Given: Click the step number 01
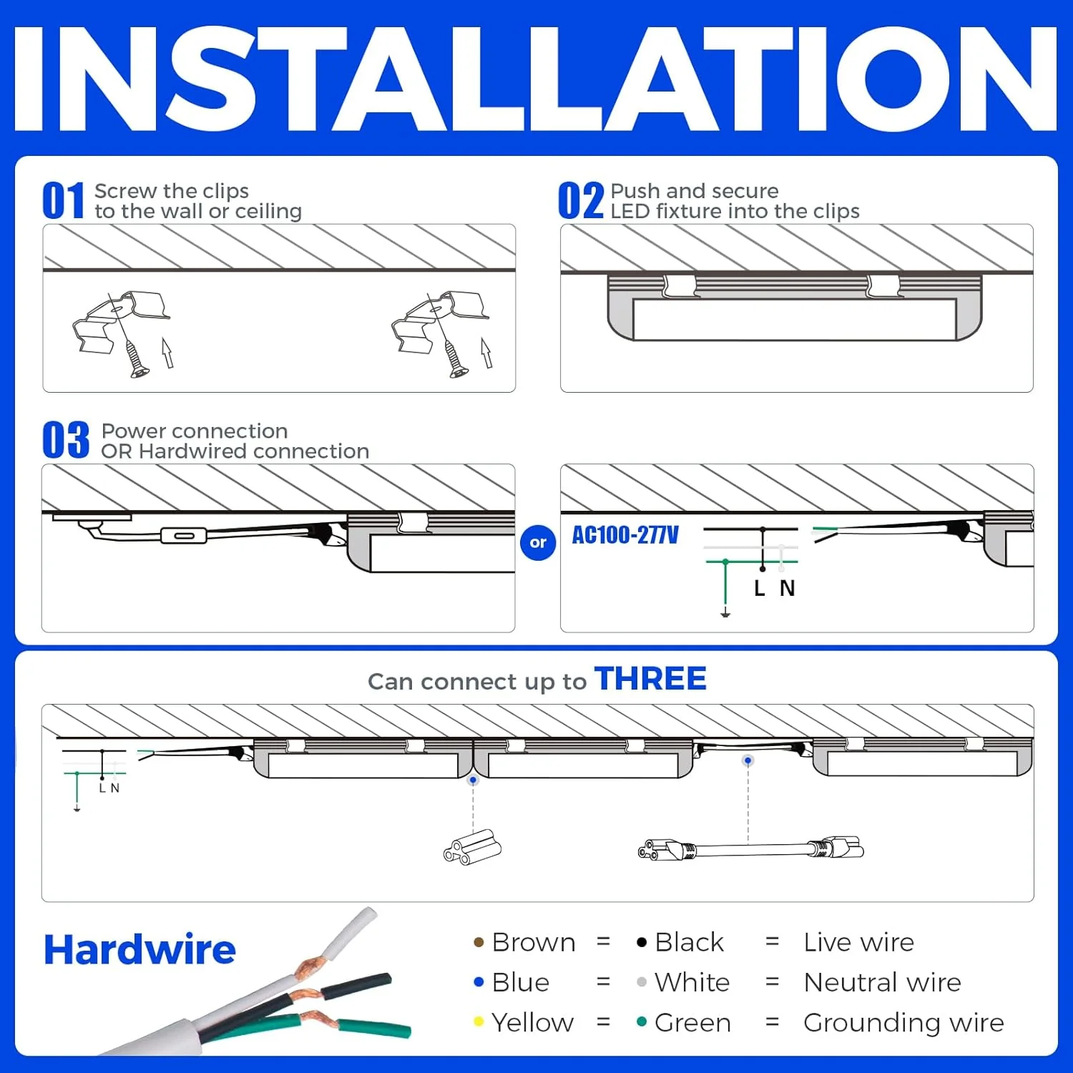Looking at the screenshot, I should (63, 201).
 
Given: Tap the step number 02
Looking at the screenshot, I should (580, 201).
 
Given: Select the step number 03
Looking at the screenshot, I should (65, 440).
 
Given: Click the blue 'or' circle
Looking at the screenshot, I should (538, 543).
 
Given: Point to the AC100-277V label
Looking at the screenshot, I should (624, 535).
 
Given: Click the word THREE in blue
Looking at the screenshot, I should (650, 679).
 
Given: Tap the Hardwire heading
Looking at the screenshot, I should (139, 950).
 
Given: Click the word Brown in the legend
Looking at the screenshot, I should (534, 942).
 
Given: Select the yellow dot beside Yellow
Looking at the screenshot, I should (479, 1021).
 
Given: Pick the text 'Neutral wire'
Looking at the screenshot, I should (882, 982).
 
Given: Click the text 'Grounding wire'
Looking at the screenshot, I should (903, 1022).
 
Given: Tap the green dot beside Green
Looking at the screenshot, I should (642, 1021).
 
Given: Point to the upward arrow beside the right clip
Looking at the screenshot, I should (486, 353).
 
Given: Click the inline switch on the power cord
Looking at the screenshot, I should (183, 536).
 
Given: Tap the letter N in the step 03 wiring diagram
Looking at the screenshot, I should (787, 588).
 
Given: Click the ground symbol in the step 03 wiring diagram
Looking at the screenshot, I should (725, 613).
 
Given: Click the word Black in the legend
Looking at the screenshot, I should (689, 942).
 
